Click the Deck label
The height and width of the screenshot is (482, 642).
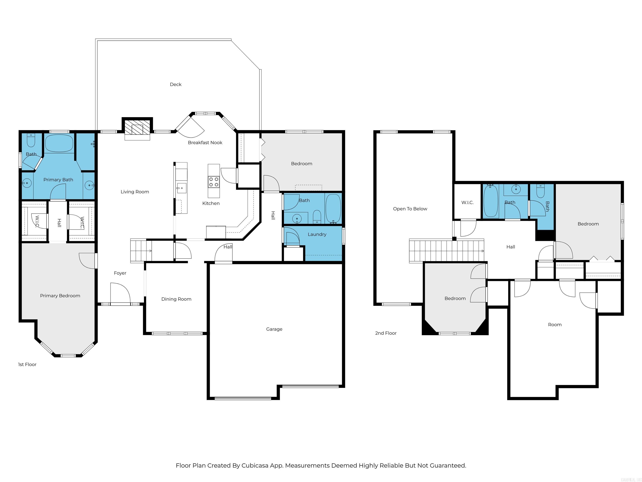tap(176, 84)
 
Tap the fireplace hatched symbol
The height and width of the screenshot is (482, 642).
tap(137, 129)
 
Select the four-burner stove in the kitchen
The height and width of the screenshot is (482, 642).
tap(214, 182)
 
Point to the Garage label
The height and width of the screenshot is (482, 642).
tap(274, 329)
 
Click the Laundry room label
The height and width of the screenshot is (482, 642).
tap(317, 234)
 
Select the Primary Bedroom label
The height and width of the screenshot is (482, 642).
tap(60, 295)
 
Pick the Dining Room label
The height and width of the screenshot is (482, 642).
tap(176, 299)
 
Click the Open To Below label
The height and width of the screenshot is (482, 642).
tap(410, 209)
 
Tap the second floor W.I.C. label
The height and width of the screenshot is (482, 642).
tap(467, 203)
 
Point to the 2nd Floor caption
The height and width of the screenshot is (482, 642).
tap(386, 333)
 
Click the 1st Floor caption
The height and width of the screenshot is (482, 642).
tap(27, 364)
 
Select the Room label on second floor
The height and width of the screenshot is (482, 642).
tap(555, 324)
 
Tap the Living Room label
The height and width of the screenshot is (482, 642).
tap(135, 191)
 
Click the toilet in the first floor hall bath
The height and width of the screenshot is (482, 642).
tap(317, 217)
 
